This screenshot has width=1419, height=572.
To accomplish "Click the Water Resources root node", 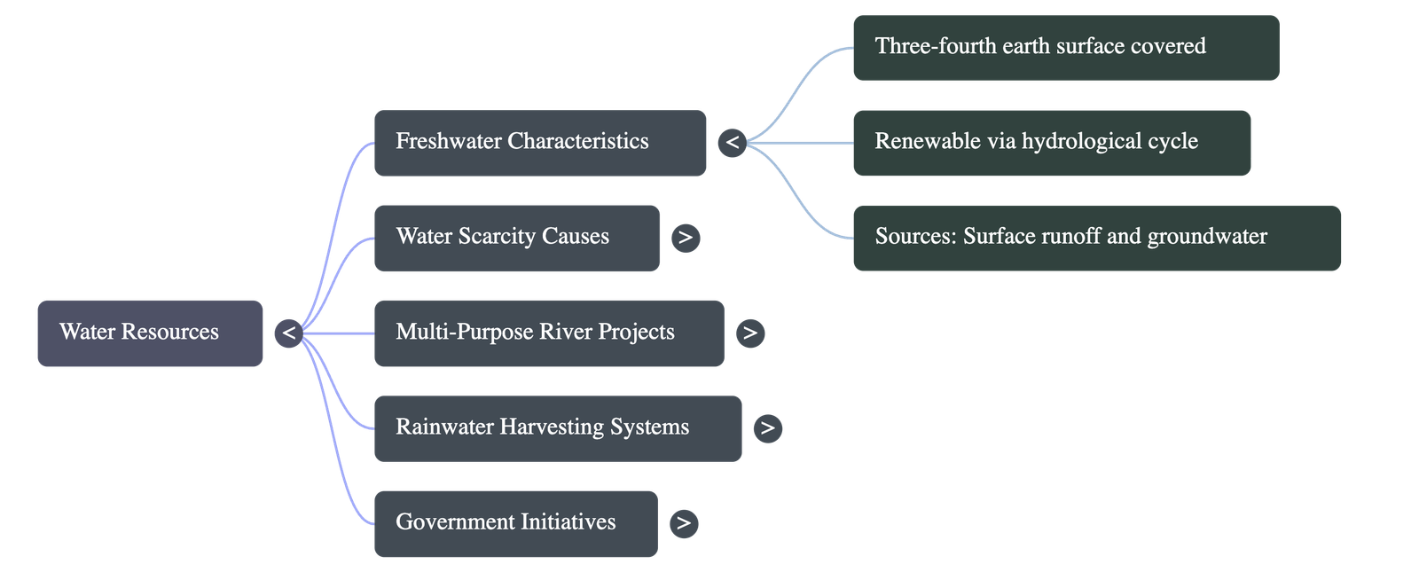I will (150, 333).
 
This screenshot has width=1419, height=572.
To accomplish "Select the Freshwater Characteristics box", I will (539, 142).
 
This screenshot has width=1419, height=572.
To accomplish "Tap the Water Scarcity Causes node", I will (516, 237).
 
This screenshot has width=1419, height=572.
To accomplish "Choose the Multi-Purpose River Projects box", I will (548, 333).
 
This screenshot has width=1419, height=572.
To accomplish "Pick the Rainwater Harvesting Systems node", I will (557, 427).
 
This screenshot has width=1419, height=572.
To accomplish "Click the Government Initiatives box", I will (515, 522).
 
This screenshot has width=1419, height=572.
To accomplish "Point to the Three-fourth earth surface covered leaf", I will (1065, 47).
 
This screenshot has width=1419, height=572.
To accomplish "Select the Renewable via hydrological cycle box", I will (1051, 142).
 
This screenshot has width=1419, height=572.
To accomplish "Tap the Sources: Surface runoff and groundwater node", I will (1095, 237).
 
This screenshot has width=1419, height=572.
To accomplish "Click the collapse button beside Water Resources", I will (289, 333).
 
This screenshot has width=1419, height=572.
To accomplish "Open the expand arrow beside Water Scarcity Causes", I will (686, 238).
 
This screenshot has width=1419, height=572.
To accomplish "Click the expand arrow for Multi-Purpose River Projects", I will (750, 333).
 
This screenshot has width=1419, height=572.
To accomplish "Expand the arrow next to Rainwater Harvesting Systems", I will (768, 428).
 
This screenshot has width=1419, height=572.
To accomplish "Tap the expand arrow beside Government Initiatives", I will (684, 523).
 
